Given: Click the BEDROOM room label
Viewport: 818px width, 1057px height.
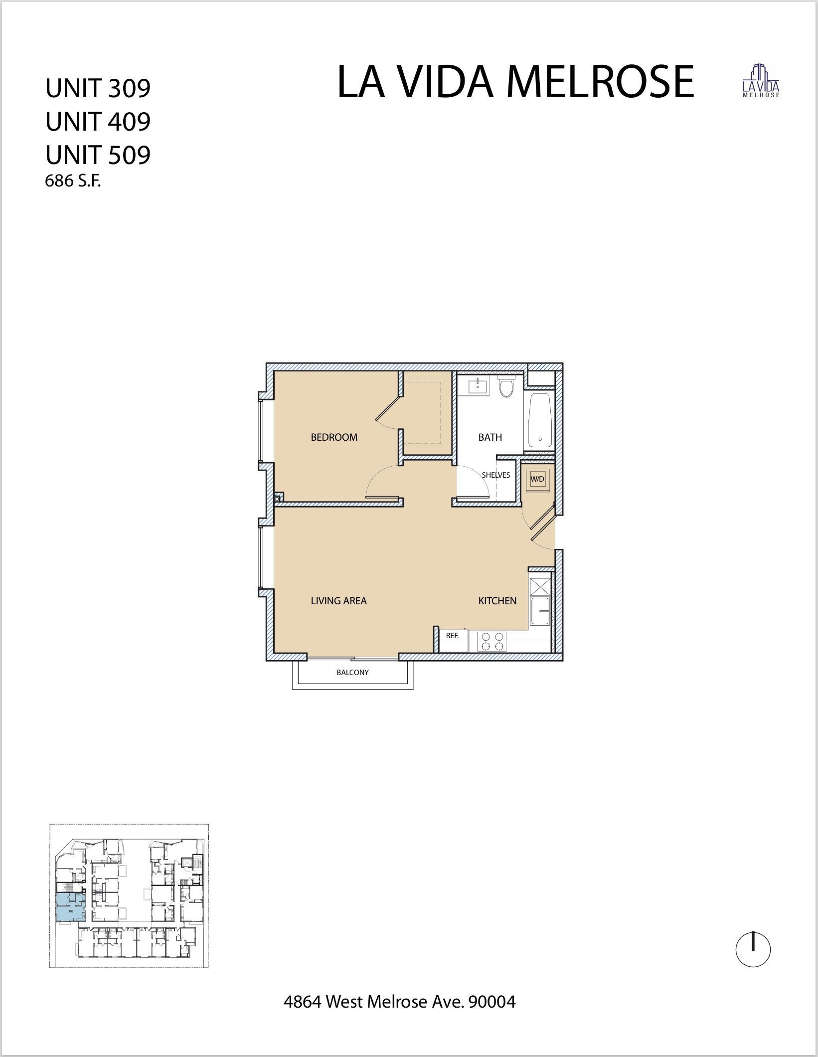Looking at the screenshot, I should point(334,437).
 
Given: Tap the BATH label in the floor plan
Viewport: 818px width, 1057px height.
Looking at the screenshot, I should point(490,437).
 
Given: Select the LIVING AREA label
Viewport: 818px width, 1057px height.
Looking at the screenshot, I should point(338,601).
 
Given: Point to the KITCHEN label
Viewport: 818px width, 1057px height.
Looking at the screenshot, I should point(497,601).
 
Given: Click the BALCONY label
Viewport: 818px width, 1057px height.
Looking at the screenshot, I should point(352,673).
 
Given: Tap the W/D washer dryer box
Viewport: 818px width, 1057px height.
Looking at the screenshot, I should point(537,479).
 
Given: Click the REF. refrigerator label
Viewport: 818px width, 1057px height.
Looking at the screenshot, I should point(452,636).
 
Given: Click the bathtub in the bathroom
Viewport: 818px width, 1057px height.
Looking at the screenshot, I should point(539,421).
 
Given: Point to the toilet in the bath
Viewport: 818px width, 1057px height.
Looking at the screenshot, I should point(506,388).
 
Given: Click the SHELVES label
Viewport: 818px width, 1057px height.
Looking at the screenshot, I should point(495,475).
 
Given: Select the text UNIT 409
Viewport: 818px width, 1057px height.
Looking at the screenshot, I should point(98,121).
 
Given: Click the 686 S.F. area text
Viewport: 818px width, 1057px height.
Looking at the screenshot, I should point(73,181).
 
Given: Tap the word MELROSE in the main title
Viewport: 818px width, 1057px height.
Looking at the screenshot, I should point(600,82).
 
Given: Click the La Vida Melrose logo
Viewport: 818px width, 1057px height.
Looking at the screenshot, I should point(761,81).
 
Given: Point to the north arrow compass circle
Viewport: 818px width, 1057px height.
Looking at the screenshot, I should point(753,950).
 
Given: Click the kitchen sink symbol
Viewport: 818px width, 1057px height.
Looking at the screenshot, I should point(539,610).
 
